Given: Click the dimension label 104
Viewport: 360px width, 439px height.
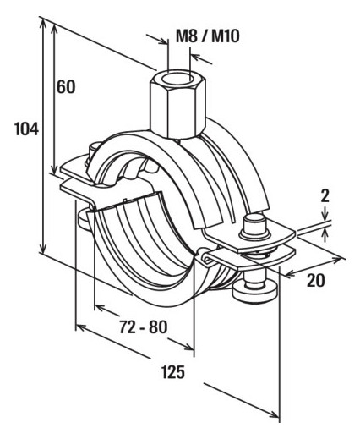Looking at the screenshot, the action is tap(26, 129).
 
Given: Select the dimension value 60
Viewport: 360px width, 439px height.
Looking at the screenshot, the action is tap(66, 86).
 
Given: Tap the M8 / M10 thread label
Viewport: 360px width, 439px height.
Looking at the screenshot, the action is tap(208, 36).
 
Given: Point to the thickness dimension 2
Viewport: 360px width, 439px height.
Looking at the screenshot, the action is tap(325, 196).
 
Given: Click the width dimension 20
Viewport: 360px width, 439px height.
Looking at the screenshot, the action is tap(315, 280).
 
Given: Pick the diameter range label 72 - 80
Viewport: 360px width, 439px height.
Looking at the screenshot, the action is tap(143, 327).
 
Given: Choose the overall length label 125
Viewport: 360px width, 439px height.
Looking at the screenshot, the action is tap(173, 371).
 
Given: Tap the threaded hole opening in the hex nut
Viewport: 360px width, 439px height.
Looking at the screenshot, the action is tap(179, 78).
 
